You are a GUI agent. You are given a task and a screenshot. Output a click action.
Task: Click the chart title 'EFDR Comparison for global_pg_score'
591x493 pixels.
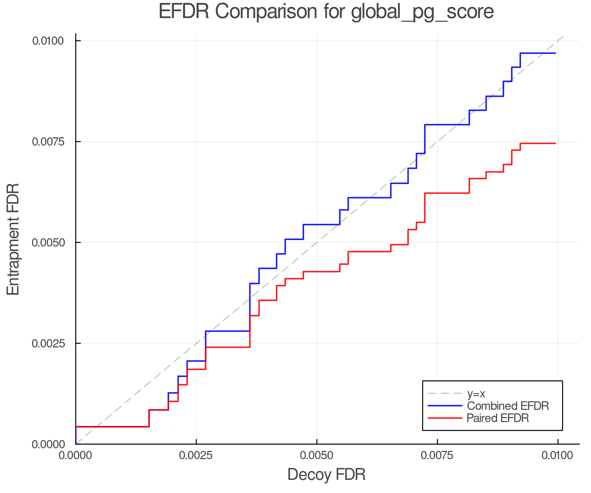326,12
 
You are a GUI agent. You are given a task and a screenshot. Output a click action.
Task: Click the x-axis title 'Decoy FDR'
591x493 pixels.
326,475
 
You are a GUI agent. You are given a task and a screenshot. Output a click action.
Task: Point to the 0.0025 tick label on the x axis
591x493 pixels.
196,456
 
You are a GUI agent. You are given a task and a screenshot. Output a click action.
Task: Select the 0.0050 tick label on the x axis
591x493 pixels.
317,456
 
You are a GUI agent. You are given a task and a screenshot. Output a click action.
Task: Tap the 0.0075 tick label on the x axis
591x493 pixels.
437,456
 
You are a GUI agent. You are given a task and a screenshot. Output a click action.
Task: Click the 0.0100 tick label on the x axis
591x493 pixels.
558,456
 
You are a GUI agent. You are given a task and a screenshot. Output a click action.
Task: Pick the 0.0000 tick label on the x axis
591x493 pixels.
76,456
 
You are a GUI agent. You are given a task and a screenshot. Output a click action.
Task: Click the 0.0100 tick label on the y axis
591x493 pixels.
48,41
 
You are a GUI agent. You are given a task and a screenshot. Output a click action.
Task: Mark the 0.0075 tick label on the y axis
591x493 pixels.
48,142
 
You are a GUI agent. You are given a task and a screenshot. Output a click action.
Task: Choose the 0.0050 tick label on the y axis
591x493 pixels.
48,243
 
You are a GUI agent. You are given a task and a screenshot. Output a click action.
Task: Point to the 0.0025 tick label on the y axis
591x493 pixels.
48,343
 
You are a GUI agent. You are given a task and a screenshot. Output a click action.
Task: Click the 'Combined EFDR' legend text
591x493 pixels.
508,406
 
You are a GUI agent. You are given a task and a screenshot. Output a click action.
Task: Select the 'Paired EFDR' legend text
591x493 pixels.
498,418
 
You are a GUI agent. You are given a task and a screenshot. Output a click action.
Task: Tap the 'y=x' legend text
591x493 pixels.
476,393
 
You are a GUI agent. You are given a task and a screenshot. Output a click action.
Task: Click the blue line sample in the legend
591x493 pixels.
445,406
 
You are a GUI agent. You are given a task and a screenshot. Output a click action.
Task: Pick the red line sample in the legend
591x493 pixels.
445,418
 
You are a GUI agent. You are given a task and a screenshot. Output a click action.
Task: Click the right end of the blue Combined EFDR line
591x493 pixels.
555,53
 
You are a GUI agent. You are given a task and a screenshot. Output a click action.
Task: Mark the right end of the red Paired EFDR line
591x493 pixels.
555,143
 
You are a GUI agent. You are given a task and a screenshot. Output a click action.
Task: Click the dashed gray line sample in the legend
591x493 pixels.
445,393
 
